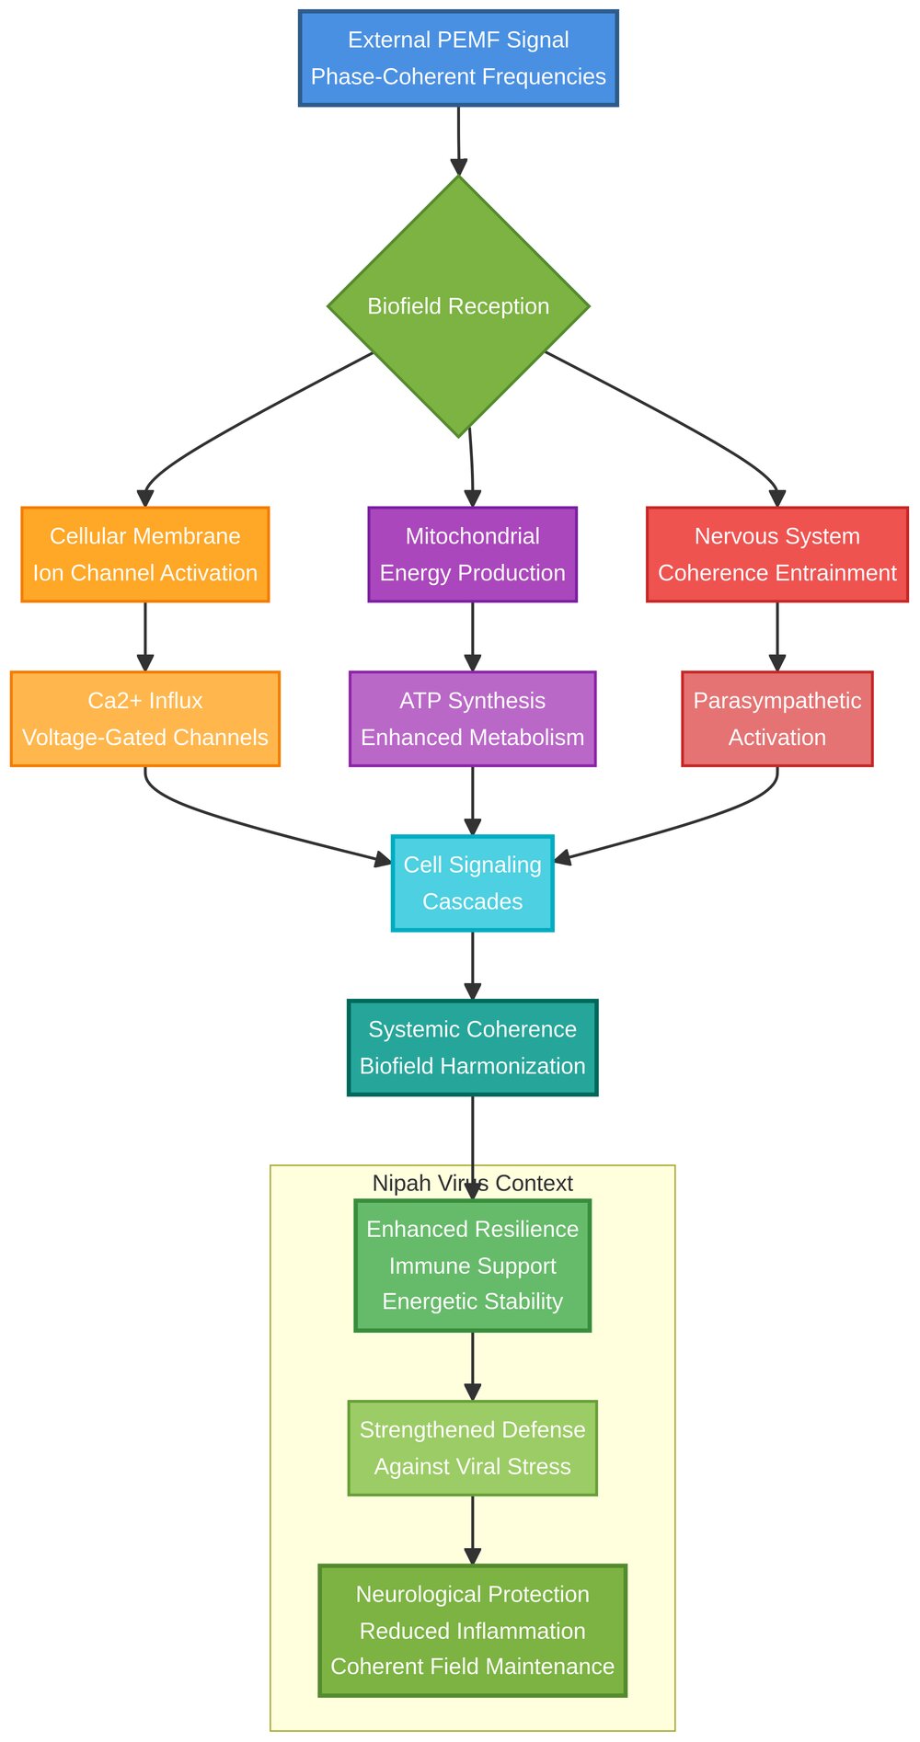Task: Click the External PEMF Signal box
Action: (458, 58)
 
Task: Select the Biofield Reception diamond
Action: (458, 306)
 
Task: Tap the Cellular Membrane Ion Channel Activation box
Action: (145, 555)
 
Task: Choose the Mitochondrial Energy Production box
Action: (472, 555)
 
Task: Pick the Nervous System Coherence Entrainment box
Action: (777, 555)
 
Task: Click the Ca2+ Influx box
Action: (145, 719)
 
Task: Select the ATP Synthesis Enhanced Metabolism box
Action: (472, 719)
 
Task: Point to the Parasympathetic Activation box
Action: (777, 719)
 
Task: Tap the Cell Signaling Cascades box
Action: (472, 883)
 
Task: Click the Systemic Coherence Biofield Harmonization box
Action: (472, 1048)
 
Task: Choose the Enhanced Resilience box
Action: (472, 1266)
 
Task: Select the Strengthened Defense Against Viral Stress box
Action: (472, 1449)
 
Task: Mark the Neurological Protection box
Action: (472, 1631)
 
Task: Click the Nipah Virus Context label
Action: (472, 1184)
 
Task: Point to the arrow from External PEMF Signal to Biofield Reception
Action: (458, 138)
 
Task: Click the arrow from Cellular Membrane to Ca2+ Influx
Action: (145, 636)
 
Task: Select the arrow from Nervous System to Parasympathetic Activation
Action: (777, 636)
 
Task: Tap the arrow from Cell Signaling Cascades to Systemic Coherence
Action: (472, 965)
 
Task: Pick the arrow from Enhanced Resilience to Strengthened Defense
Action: (472, 1365)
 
